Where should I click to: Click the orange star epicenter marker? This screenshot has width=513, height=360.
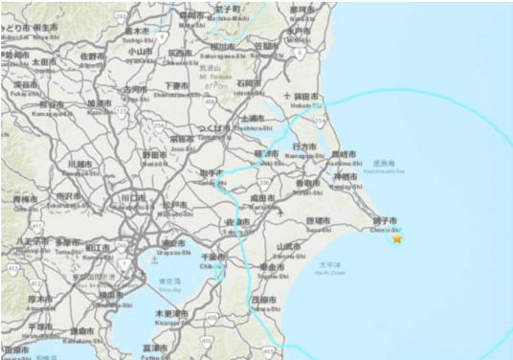(397, 238)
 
